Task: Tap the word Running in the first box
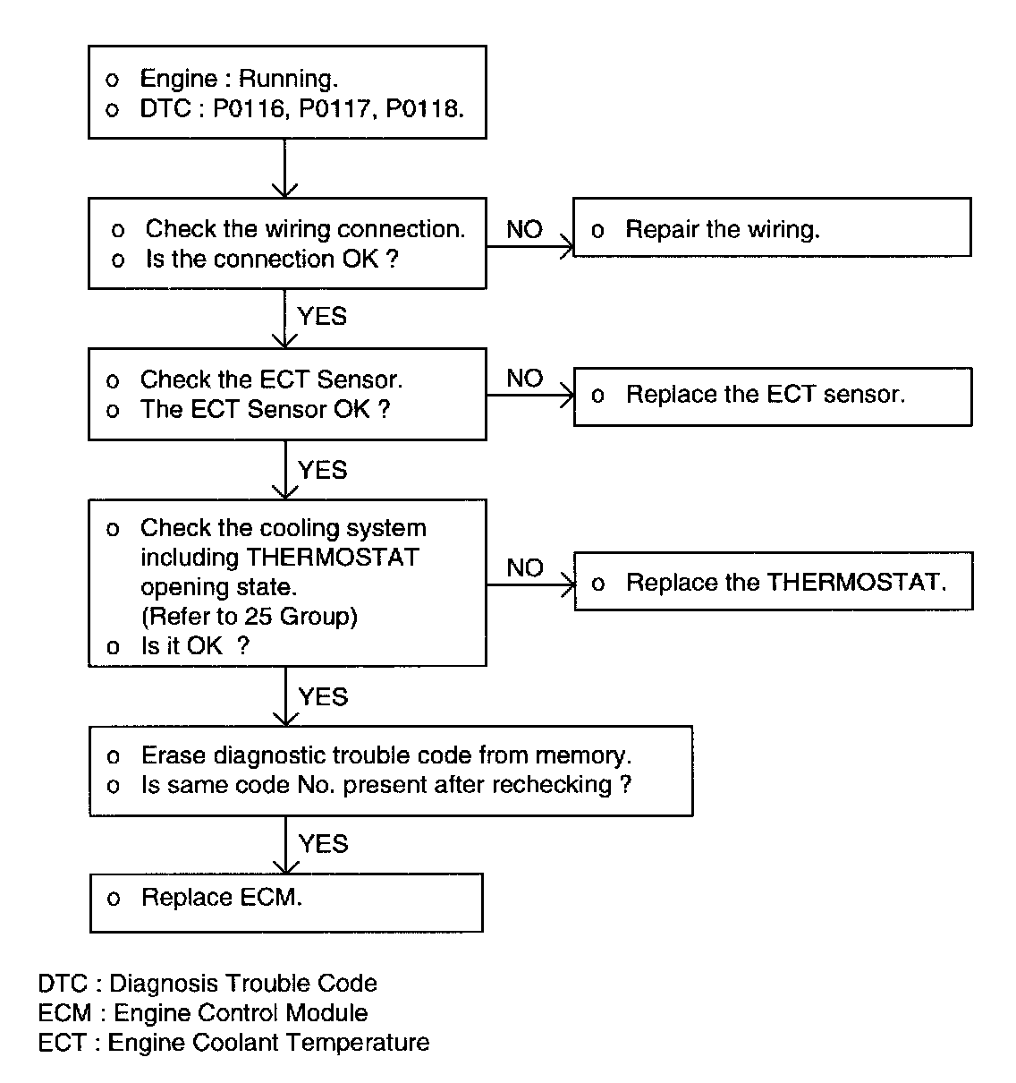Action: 287,79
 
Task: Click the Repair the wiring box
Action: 771,228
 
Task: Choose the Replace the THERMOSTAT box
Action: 773,583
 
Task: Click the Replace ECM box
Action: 286,901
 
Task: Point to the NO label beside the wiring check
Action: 524,230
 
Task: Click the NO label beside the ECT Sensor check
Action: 524,379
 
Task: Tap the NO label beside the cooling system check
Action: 524,568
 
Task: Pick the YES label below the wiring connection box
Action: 322,316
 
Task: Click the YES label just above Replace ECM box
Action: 323,844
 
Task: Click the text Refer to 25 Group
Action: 249,617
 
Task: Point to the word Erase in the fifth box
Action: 171,755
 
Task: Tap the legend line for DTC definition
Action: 207,984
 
